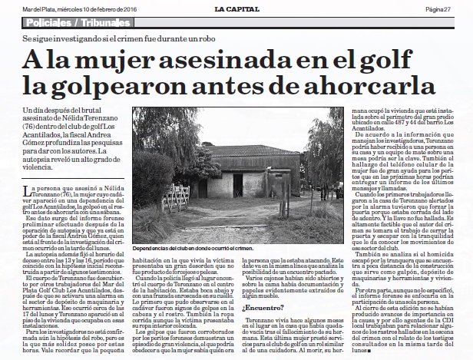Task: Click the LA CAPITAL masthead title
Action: pyautogui.click(x=235, y=8)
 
